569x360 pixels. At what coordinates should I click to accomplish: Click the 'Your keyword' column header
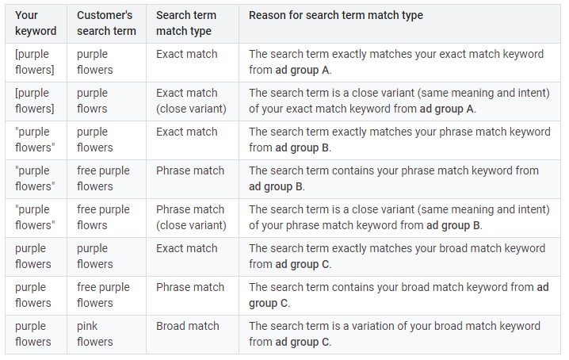pyautogui.click(x=36, y=23)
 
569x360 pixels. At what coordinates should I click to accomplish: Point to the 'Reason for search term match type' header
pyautogui.click(x=336, y=16)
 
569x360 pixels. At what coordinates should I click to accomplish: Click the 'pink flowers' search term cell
pyautogui.click(x=95, y=334)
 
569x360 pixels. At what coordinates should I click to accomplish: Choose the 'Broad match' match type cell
pyautogui.click(x=187, y=326)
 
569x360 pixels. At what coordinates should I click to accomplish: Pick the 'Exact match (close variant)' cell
pyautogui.click(x=191, y=101)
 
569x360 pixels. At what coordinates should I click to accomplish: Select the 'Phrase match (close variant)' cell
pyautogui.click(x=191, y=217)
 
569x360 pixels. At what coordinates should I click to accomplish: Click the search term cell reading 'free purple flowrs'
pyautogui.click(x=103, y=217)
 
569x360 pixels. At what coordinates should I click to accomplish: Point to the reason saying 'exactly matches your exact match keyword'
pyautogui.click(x=396, y=62)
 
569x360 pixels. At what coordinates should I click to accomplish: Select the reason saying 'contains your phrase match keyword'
pyautogui.click(x=394, y=178)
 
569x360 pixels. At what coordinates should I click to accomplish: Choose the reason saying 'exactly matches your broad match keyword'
pyautogui.click(x=397, y=256)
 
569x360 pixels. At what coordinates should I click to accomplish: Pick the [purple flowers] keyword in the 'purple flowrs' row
pyautogui.click(x=32, y=101)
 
